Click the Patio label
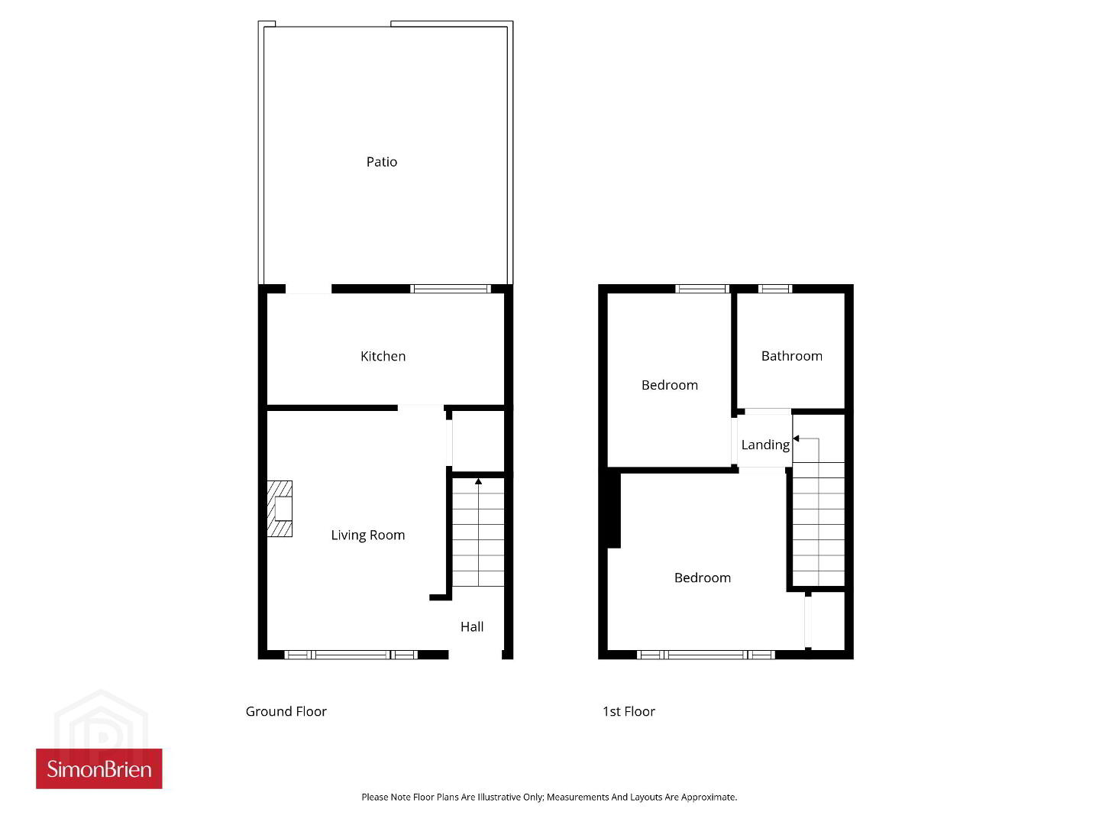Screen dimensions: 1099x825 tap(382, 162)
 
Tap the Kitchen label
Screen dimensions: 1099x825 tap(383, 356)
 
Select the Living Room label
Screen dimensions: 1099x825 tap(368, 535)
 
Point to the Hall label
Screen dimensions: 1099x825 tap(472, 626)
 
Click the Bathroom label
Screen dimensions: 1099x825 tap(791, 356)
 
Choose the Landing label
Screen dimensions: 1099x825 tap(765, 445)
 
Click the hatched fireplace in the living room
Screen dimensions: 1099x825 tap(280, 509)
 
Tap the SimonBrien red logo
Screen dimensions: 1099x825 tap(99, 769)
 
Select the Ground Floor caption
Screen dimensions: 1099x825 tap(286, 711)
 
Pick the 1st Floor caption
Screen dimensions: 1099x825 tap(629, 711)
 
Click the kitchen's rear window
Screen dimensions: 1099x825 tap(451, 289)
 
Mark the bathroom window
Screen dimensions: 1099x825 tap(774, 289)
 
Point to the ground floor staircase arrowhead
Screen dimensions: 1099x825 tap(478, 481)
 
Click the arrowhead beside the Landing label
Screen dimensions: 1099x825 tap(796, 438)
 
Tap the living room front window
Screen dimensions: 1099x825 tap(351, 655)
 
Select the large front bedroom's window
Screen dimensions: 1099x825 tap(706, 655)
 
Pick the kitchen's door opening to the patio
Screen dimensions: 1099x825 tap(309, 289)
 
